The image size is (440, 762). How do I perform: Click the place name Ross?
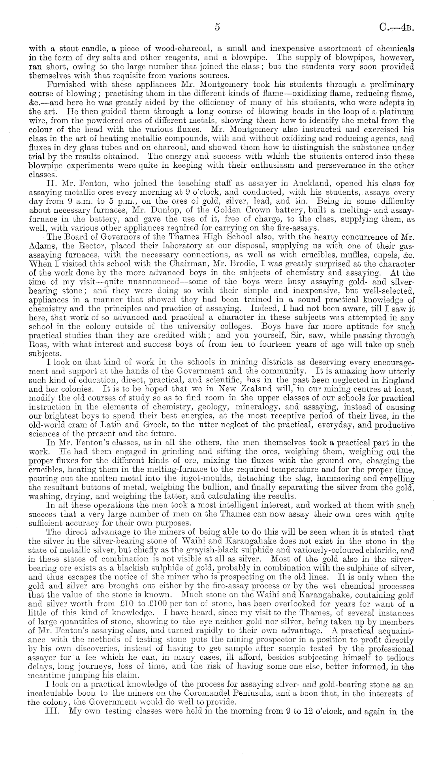pos(38,344)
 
